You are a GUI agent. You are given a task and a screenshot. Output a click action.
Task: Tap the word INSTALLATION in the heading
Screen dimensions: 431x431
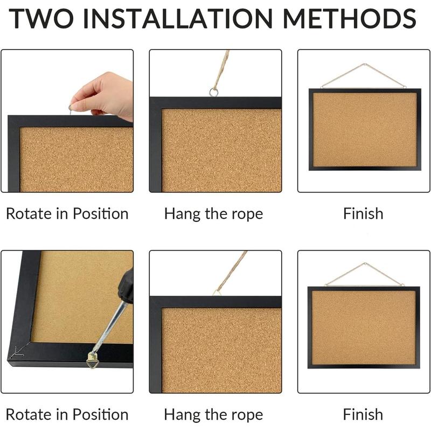(183, 19)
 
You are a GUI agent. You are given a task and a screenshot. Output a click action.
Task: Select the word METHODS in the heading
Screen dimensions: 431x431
(350, 19)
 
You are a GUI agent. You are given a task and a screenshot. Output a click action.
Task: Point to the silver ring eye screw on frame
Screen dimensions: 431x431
(214, 92)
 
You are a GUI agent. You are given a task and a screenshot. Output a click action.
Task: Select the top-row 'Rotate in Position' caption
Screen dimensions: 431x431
(67, 213)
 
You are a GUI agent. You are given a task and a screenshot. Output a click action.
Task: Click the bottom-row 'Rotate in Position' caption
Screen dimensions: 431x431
(67, 414)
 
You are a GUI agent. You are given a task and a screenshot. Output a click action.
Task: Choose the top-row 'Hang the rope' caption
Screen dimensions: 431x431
(213, 213)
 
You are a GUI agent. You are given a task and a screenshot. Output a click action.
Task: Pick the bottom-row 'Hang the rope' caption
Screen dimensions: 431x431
(213, 414)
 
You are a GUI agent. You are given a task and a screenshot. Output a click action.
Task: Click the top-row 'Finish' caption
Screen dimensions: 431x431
(363, 213)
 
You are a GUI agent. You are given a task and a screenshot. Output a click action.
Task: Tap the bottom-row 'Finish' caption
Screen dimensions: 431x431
(363, 414)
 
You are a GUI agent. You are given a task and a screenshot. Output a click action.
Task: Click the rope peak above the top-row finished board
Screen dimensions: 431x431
(364, 65)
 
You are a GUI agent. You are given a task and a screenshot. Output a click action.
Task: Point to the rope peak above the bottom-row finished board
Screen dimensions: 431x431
(365, 264)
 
